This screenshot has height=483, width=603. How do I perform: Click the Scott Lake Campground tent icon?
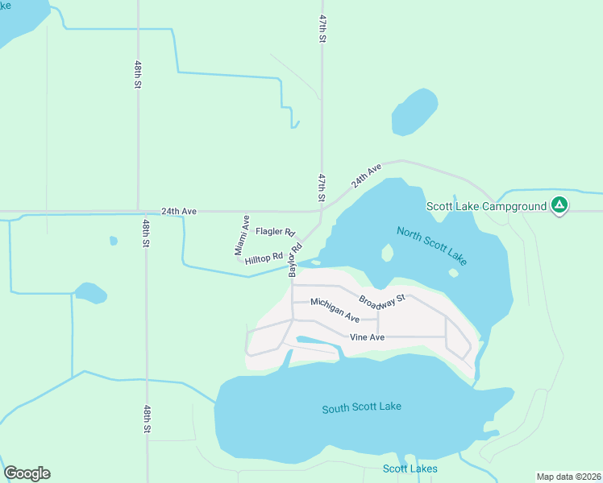(559, 206)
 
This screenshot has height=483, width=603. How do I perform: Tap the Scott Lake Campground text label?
(486, 207)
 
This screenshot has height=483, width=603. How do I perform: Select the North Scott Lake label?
(431, 246)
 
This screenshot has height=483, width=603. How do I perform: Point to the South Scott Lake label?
(361, 407)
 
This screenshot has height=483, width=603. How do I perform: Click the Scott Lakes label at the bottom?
(410, 469)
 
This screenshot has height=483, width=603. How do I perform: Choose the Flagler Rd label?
(276, 232)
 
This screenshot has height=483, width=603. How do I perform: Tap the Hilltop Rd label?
(265, 258)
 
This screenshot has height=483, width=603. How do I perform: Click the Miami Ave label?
(243, 235)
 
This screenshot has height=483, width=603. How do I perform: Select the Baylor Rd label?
(295, 257)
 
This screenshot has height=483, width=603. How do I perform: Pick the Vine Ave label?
(367, 337)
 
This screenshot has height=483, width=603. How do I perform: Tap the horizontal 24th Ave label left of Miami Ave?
(179, 212)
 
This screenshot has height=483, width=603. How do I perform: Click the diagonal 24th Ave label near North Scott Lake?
(366, 176)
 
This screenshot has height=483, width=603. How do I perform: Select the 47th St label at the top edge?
(322, 28)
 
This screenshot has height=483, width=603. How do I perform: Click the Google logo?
(27, 473)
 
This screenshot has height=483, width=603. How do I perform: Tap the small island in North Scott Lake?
(387, 254)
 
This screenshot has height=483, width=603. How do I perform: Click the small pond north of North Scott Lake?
(414, 111)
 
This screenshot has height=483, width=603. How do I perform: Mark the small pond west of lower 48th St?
(89, 292)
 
